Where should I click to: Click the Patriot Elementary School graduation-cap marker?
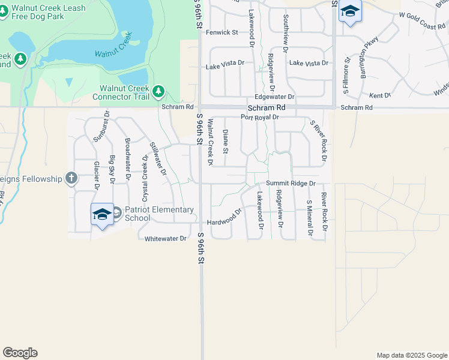coord(103,214)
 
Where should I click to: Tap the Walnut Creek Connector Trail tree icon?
coord(158,91)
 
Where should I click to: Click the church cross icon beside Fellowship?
coord(71,178)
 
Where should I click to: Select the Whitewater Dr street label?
coord(166,239)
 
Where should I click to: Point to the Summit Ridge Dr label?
coord(291,185)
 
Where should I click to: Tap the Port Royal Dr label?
coord(260,118)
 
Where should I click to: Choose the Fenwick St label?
coord(222,32)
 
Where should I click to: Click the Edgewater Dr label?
coord(275,97)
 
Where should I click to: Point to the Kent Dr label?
coord(380,95)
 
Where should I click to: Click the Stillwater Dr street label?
coord(158,158)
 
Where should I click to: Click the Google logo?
coord(20,353)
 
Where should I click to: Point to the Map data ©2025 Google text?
coord(411,355)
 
